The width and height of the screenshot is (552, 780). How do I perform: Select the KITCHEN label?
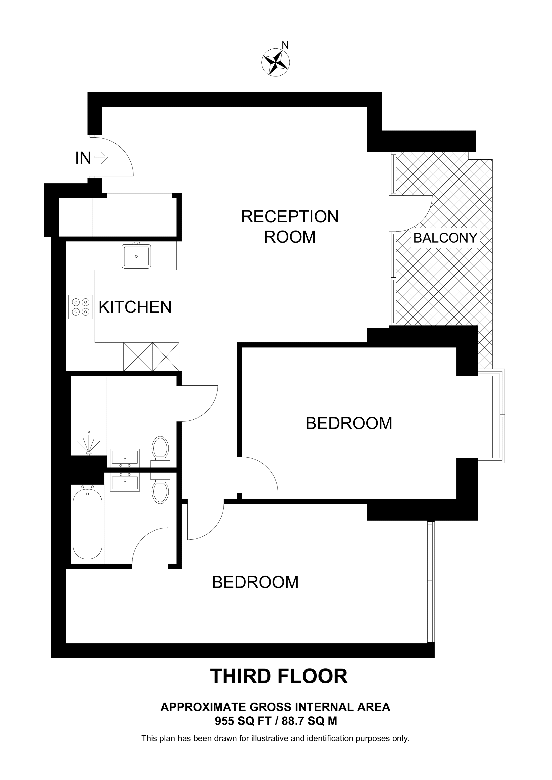pos(135,307)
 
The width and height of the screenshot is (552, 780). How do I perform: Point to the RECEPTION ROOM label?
pos(290,227)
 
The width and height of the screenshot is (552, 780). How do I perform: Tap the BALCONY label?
pos(445,238)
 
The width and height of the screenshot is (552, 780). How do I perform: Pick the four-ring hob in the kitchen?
pos(81,307)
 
